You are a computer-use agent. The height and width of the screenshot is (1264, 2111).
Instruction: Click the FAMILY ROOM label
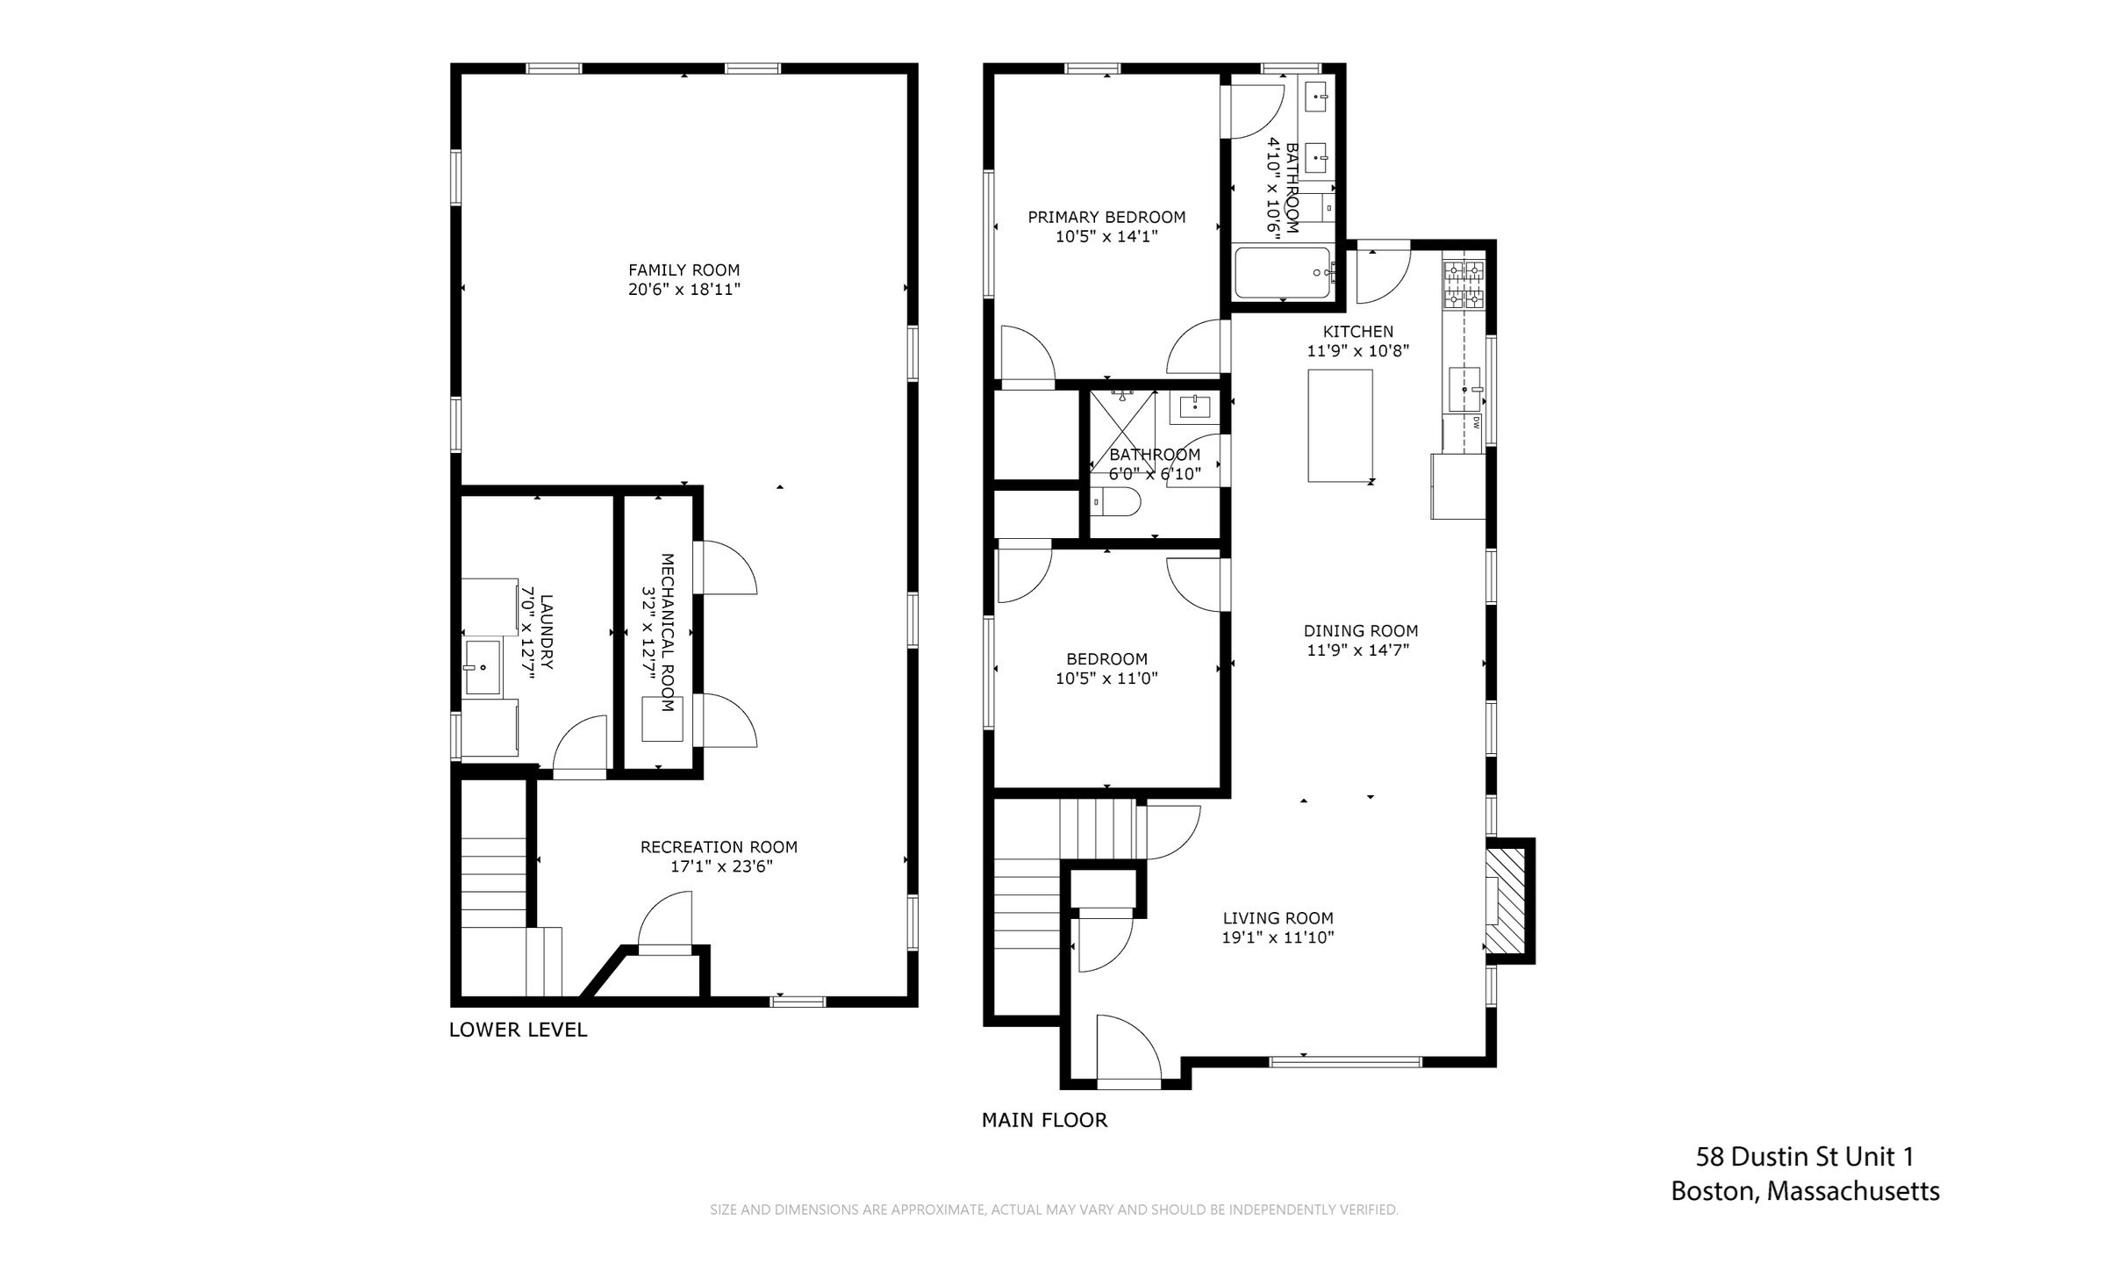point(683,270)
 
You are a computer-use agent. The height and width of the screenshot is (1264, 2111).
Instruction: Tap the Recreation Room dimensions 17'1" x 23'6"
point(719,867)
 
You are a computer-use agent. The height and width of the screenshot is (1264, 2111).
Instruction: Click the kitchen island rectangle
point(1340,426)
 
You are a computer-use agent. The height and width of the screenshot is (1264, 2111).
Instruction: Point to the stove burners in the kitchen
point(1464,284)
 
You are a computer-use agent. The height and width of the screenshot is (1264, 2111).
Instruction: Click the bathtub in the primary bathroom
point(1283,273)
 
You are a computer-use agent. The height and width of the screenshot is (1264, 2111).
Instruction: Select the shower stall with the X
point(1122,430)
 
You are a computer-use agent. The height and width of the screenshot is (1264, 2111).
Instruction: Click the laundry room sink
point(482,668)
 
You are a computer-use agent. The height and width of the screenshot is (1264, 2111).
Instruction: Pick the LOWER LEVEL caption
point(518,1030)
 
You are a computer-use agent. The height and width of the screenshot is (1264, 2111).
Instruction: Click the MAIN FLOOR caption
point(1044,1120)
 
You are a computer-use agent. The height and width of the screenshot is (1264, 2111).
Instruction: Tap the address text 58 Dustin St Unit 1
point(1804,1157)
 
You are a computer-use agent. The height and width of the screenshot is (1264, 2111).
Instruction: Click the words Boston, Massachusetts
point(1804,1191)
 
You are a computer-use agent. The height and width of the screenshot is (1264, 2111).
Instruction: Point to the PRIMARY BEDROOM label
point(1106,217)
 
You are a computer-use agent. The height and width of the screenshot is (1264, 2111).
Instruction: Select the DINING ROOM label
point(1360,630)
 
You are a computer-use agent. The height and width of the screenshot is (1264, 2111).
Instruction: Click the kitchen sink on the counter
point(1463,390)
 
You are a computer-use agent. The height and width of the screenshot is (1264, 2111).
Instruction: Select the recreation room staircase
point(493,882)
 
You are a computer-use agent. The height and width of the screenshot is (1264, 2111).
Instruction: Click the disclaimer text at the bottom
point(1054,1210)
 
